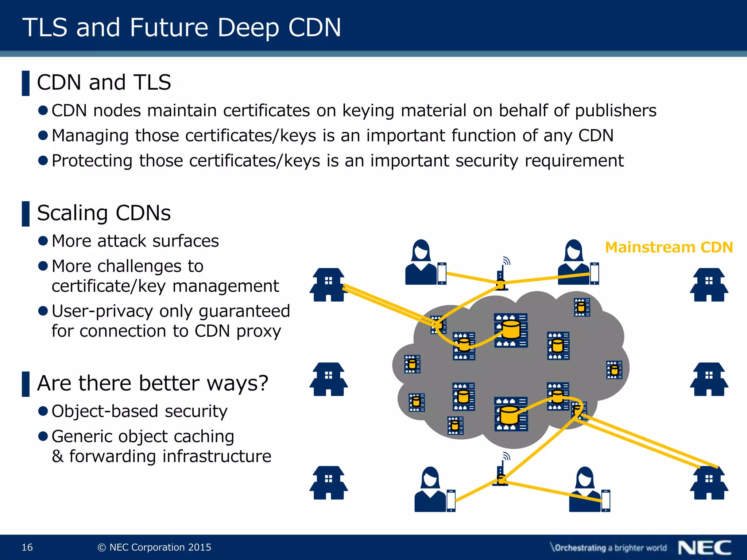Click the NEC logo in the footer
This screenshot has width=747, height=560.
pyautogui.click(x=704, y=548)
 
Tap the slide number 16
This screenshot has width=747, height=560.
pyautogui.click(x=27, y=547)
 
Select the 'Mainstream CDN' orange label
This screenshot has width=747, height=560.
pyautogui.click(x=669, y=247)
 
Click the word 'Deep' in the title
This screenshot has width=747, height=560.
pyautogui.click(x=248, y=28)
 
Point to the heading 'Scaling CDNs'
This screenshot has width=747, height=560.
pyautogui.click(x=104, y=213)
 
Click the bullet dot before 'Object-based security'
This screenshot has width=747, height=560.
pyautogui.click(x=43, y=411)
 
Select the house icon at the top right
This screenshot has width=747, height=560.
pyautogui.click(x=709, y=285)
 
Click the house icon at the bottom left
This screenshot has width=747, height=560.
pyautogui.click(x=329, y=483)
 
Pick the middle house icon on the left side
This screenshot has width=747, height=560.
pyautogui.click(x=329, y=379)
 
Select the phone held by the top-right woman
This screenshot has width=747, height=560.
pyautogui.click(x=595, y=273)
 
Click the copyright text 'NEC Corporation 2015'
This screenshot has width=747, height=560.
pyautogui.click(x=160, y=547)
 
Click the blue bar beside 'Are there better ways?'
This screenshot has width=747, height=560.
pyautogui.click(x=26, y=384)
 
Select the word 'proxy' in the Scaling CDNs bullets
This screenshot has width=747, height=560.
pyautogui.click(x=259, y=331)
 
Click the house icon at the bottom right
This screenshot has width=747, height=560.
pyautogui.click(x=709, y=483)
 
